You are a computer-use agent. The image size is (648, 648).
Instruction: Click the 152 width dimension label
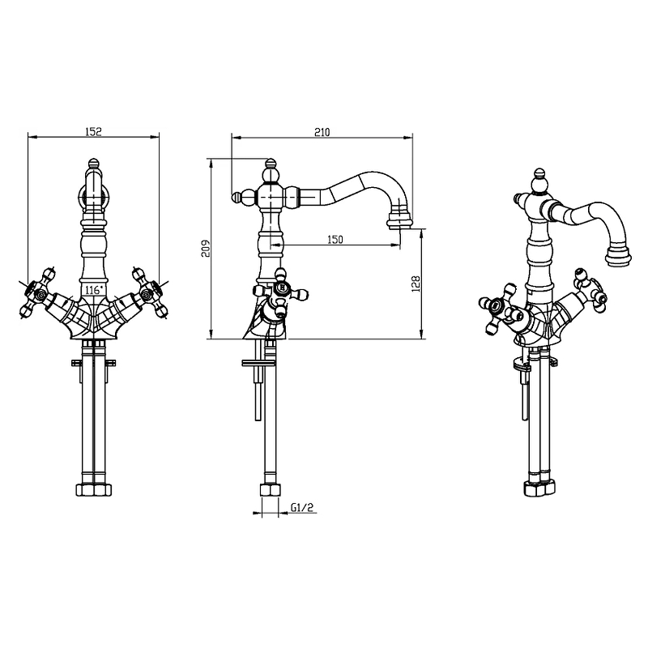coord(94,132)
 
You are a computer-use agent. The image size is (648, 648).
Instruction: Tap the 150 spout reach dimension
coord(335,239)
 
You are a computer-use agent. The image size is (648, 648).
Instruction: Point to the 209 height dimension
coord(206,248)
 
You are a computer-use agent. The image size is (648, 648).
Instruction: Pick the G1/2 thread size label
coord(302,509)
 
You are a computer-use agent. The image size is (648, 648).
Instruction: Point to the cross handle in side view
coord(279,290)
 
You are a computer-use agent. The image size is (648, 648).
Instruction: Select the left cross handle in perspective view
coord(497,308)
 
